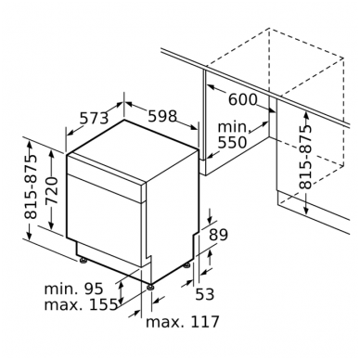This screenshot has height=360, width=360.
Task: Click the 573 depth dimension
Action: pos(95,118)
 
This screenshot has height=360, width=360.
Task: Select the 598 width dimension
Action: pos(162,116)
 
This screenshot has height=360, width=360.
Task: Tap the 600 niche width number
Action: pos(243,99)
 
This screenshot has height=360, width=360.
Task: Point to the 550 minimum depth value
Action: pos(232,143)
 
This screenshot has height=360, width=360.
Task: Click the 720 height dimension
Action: pos(52,190)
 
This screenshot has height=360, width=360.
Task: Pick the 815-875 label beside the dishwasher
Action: pos(31,186)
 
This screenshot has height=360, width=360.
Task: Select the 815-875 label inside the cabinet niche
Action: pos(305,157)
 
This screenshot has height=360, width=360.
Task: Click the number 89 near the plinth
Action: pos(218,235)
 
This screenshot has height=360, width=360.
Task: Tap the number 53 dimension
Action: pos(205,294)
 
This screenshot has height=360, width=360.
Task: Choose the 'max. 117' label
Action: pos(183,322)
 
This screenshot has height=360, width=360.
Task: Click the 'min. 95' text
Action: pos(73,289)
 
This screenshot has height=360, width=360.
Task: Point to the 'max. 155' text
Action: pos(81,304)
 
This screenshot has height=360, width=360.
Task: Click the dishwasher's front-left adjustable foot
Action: pos(84,261)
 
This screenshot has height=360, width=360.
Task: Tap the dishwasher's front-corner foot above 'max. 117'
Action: pos(150,287)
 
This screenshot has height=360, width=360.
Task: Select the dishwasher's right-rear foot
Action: pos(186,265)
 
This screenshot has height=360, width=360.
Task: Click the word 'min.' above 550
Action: pos(234,127)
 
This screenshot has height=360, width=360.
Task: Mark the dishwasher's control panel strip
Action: pos(106,178)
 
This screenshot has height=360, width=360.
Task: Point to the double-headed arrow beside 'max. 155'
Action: pos(122,293)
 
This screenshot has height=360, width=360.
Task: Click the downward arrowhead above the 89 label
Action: pos(210,219)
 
